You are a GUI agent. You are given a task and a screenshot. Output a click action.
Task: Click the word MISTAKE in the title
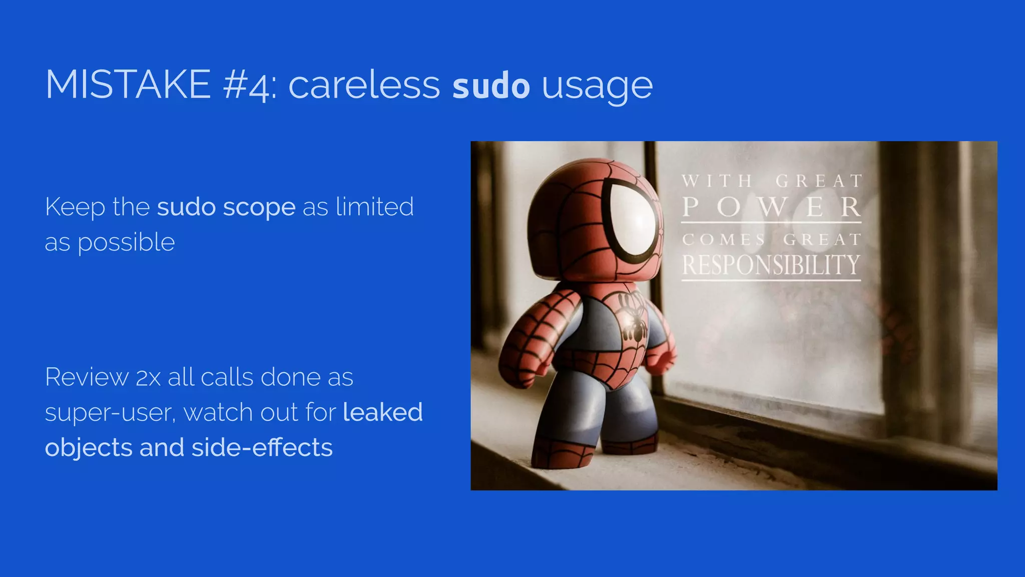click(x=128, y=85)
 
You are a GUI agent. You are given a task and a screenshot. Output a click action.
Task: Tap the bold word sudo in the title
click(x=491, y=86)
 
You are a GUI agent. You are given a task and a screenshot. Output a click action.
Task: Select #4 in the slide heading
click(x=249, y=86)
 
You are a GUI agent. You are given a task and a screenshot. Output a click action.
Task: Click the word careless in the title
click(x=364, y=85)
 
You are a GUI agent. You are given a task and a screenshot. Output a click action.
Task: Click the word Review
click(x=87, y=377)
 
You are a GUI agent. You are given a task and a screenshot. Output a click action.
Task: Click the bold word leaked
click(x=383, y=412)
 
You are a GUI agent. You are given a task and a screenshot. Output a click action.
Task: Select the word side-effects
click(x=262, y=447)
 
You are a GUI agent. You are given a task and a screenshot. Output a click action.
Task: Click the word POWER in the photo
click(x=771, y=207)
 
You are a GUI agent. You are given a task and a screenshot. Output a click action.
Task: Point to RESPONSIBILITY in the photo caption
click(x=771, y=265)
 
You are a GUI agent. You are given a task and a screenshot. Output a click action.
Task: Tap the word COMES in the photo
click(x=724, y=239)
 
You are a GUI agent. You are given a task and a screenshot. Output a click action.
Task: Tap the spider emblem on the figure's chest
click(x=633, y=321)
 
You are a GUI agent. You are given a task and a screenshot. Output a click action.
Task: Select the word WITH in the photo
click(x=717, y=181)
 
